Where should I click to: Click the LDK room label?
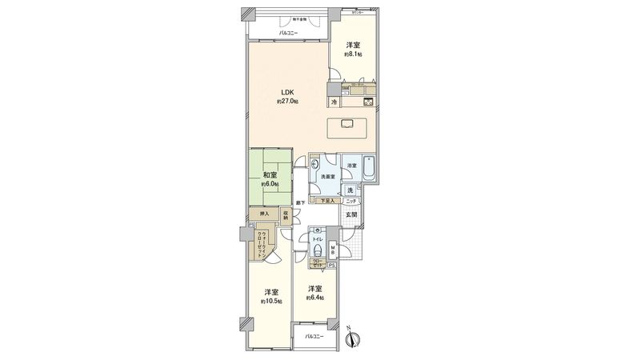tap(287, 92)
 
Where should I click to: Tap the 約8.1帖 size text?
tap(353, 54)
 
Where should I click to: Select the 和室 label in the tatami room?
tap(269, 174)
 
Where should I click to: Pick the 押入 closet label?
tap(262, 214)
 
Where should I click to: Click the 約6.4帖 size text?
tap(315, 298)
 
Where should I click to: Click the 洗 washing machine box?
tap(351, 190)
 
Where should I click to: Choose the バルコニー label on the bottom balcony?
tap(316, 337)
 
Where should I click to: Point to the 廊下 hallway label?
tap(298, 203)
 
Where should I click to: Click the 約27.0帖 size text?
tap(287, 102)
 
